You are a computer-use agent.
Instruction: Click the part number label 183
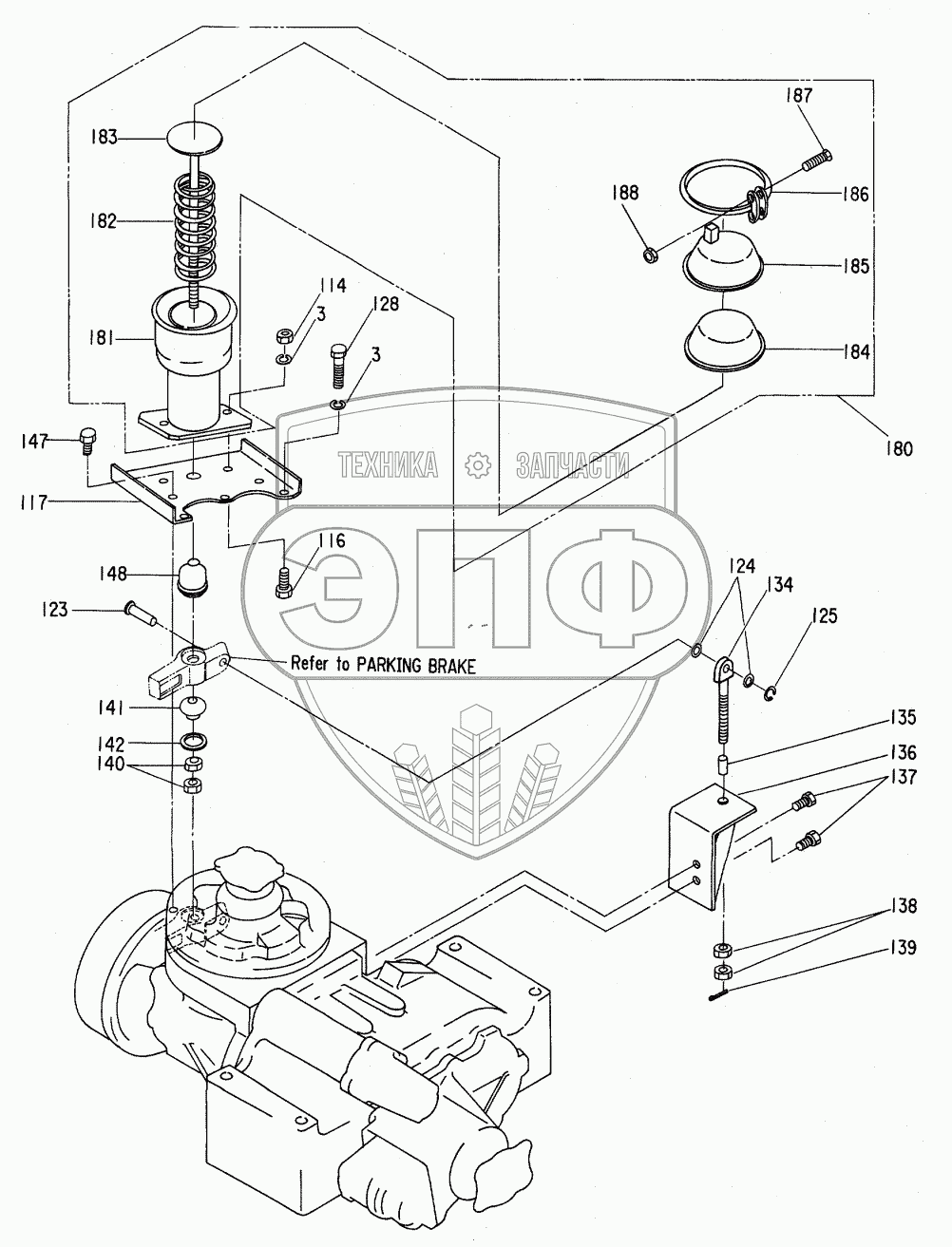104,138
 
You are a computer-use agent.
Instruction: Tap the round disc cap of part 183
195,138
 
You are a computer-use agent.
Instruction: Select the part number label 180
899,449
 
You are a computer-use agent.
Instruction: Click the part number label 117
33,501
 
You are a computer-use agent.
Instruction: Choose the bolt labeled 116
284,582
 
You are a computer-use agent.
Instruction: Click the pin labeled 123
142,614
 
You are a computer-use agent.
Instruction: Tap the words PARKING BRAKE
415,666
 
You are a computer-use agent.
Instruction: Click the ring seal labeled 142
194,741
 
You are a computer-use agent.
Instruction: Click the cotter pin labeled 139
720,995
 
